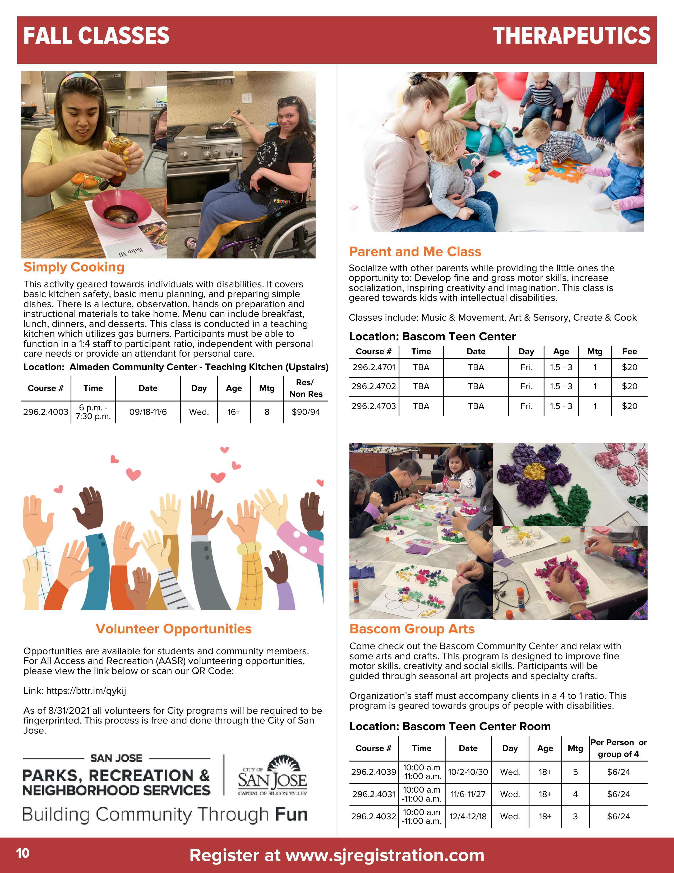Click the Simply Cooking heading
74,267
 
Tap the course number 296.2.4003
45,412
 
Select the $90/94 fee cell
306,412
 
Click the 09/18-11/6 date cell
148,412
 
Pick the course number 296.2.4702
374,386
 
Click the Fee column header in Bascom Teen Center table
629,351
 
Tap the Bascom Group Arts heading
412,629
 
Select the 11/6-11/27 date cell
468,794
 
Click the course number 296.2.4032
374,816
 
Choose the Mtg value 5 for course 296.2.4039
575,772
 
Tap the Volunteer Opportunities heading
173,629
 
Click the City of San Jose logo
272,775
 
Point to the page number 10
23,853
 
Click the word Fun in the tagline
291,815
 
